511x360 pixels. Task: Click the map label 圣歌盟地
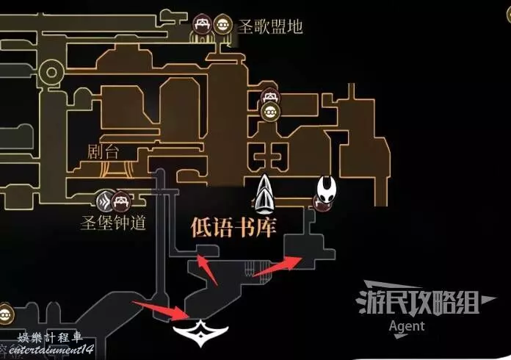pos(270,27)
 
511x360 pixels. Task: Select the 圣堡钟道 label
pos(113,223)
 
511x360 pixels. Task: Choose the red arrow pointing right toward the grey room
pos(278,265)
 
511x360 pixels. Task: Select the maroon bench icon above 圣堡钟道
pos(123,199)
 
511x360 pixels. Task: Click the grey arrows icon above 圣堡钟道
pos(106,199)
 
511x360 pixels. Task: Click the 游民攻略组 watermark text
pos(416,301)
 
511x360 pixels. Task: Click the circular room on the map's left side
pos(51,72)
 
